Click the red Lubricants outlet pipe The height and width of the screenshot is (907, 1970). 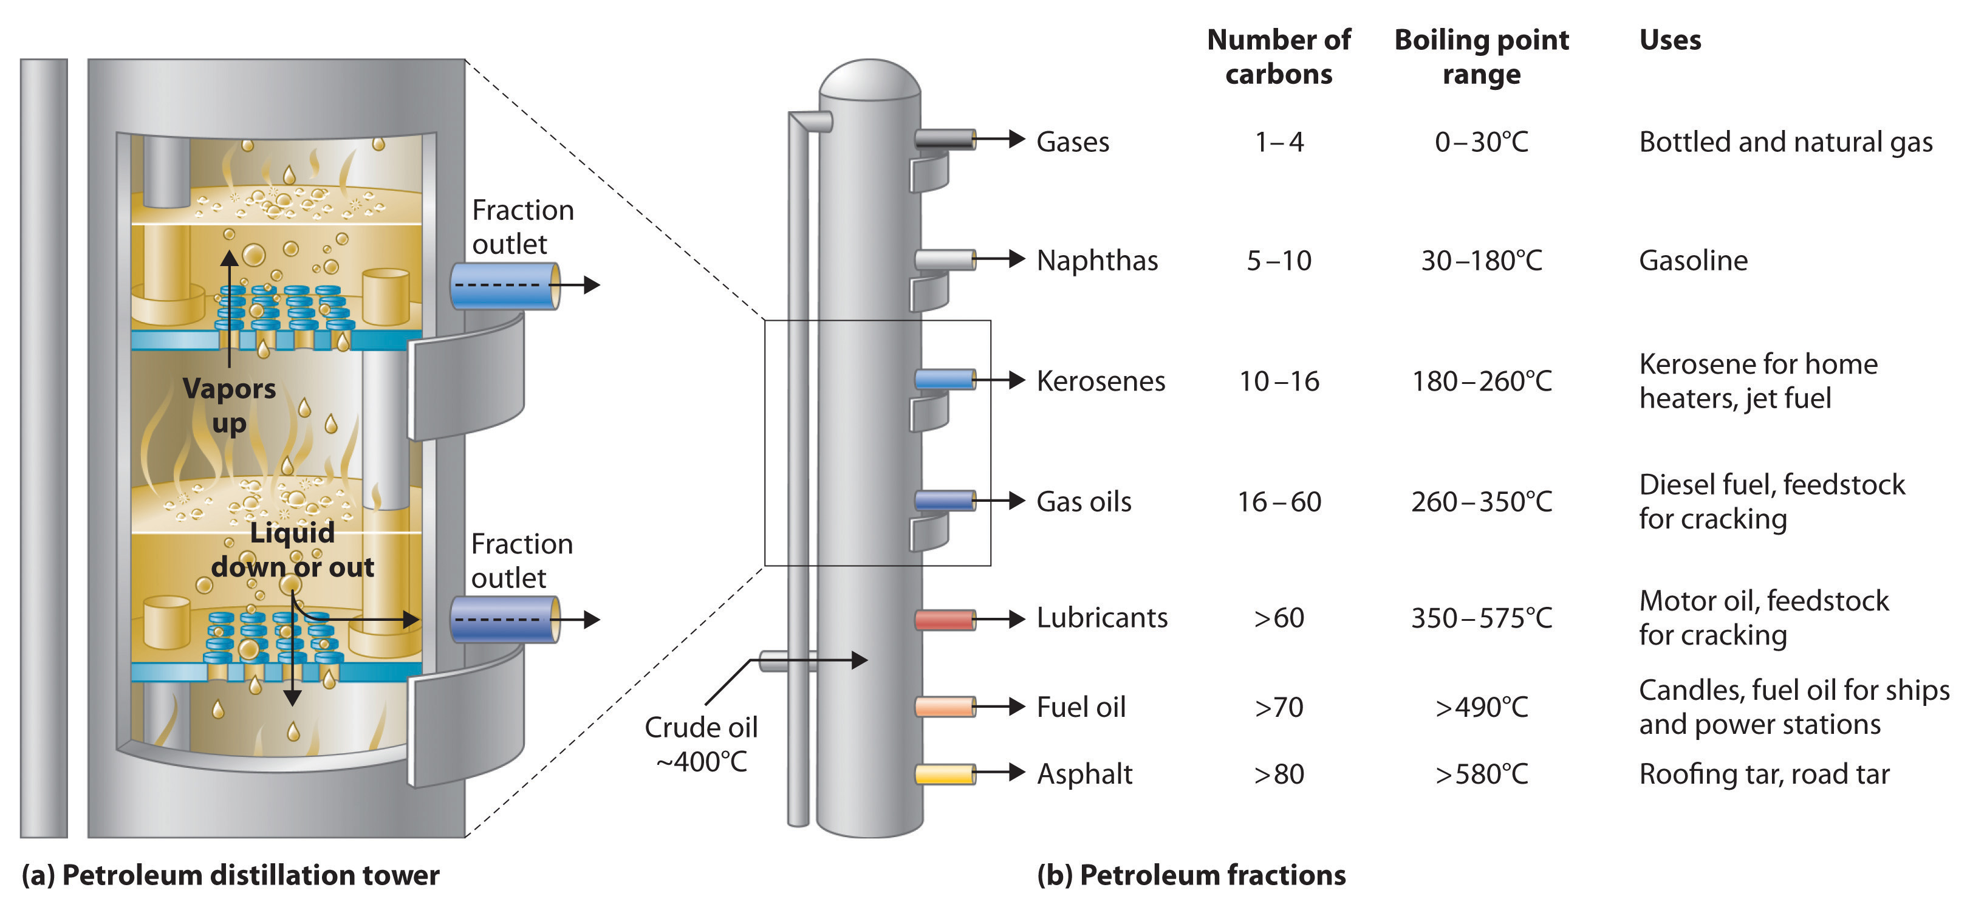945,618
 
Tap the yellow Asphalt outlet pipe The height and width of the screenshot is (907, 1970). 945,774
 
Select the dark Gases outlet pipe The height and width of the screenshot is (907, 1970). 945,139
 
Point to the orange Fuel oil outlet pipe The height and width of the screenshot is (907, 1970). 945,707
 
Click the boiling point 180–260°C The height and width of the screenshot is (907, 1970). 1482,381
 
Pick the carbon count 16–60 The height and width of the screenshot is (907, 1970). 1279,502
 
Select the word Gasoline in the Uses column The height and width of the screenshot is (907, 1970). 1692,261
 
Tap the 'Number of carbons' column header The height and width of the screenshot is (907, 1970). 1279,56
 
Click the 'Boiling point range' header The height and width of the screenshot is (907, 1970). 1482,56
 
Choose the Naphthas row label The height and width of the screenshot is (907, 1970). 1096,261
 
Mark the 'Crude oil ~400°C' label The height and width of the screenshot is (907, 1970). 700,744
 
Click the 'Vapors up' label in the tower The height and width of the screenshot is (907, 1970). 228,405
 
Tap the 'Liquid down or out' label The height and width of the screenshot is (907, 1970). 292,550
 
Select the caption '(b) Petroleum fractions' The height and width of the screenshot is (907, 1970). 1191,875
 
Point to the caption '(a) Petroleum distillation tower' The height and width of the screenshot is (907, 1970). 230,875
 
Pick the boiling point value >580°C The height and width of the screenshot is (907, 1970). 1482,774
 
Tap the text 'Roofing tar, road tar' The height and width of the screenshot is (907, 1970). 1763,774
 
